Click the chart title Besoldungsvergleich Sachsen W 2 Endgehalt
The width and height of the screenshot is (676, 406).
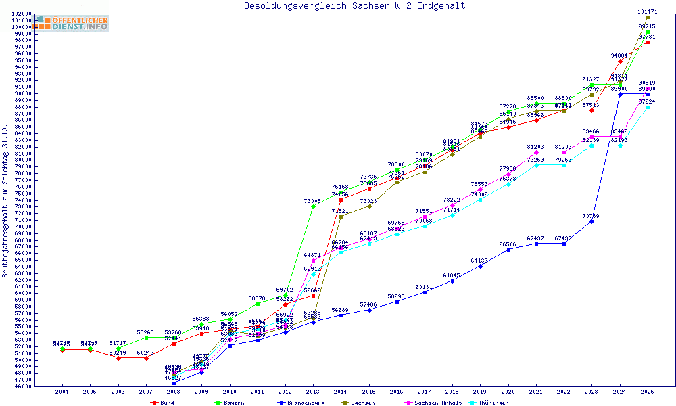click(355, 6)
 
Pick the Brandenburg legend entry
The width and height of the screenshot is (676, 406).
click(301, 403)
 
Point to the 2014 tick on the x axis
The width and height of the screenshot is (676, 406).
click(341, 392)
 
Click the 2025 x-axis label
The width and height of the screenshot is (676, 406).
click(648, 392)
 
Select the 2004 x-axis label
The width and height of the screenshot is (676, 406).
click(62, 392)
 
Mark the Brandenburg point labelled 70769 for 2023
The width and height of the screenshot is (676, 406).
click(591, 221)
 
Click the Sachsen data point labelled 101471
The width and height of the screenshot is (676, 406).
click(648, 18)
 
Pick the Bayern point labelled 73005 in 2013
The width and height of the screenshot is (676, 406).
click(313, 206)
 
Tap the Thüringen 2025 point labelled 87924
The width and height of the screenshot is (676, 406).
click(648, 107)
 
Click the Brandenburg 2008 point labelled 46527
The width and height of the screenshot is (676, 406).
click(174, 383)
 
